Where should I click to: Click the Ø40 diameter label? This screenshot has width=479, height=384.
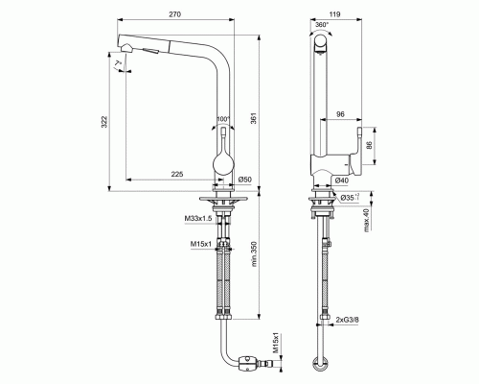point(343,180)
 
